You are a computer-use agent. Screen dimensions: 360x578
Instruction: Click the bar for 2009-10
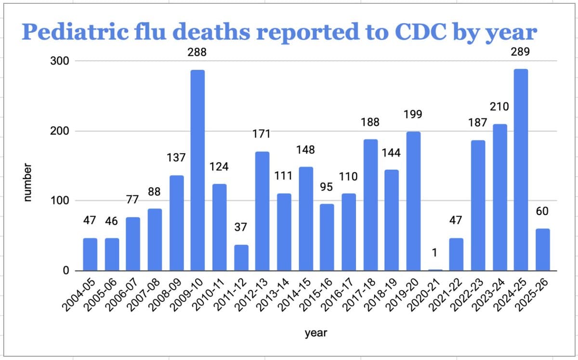point(197,170)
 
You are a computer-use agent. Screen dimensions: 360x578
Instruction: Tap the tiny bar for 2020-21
point(435,270)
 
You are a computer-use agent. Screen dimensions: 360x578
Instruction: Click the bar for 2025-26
point(542,249)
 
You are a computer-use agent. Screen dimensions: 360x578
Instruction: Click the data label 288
point(197,53)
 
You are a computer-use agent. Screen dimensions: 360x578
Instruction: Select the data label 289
point(520,52)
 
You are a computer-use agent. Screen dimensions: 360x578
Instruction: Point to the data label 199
point(413,115)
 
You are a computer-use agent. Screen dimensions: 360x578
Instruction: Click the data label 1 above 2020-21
point(434,252)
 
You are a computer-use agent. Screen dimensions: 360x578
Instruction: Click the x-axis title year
point(316,333)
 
